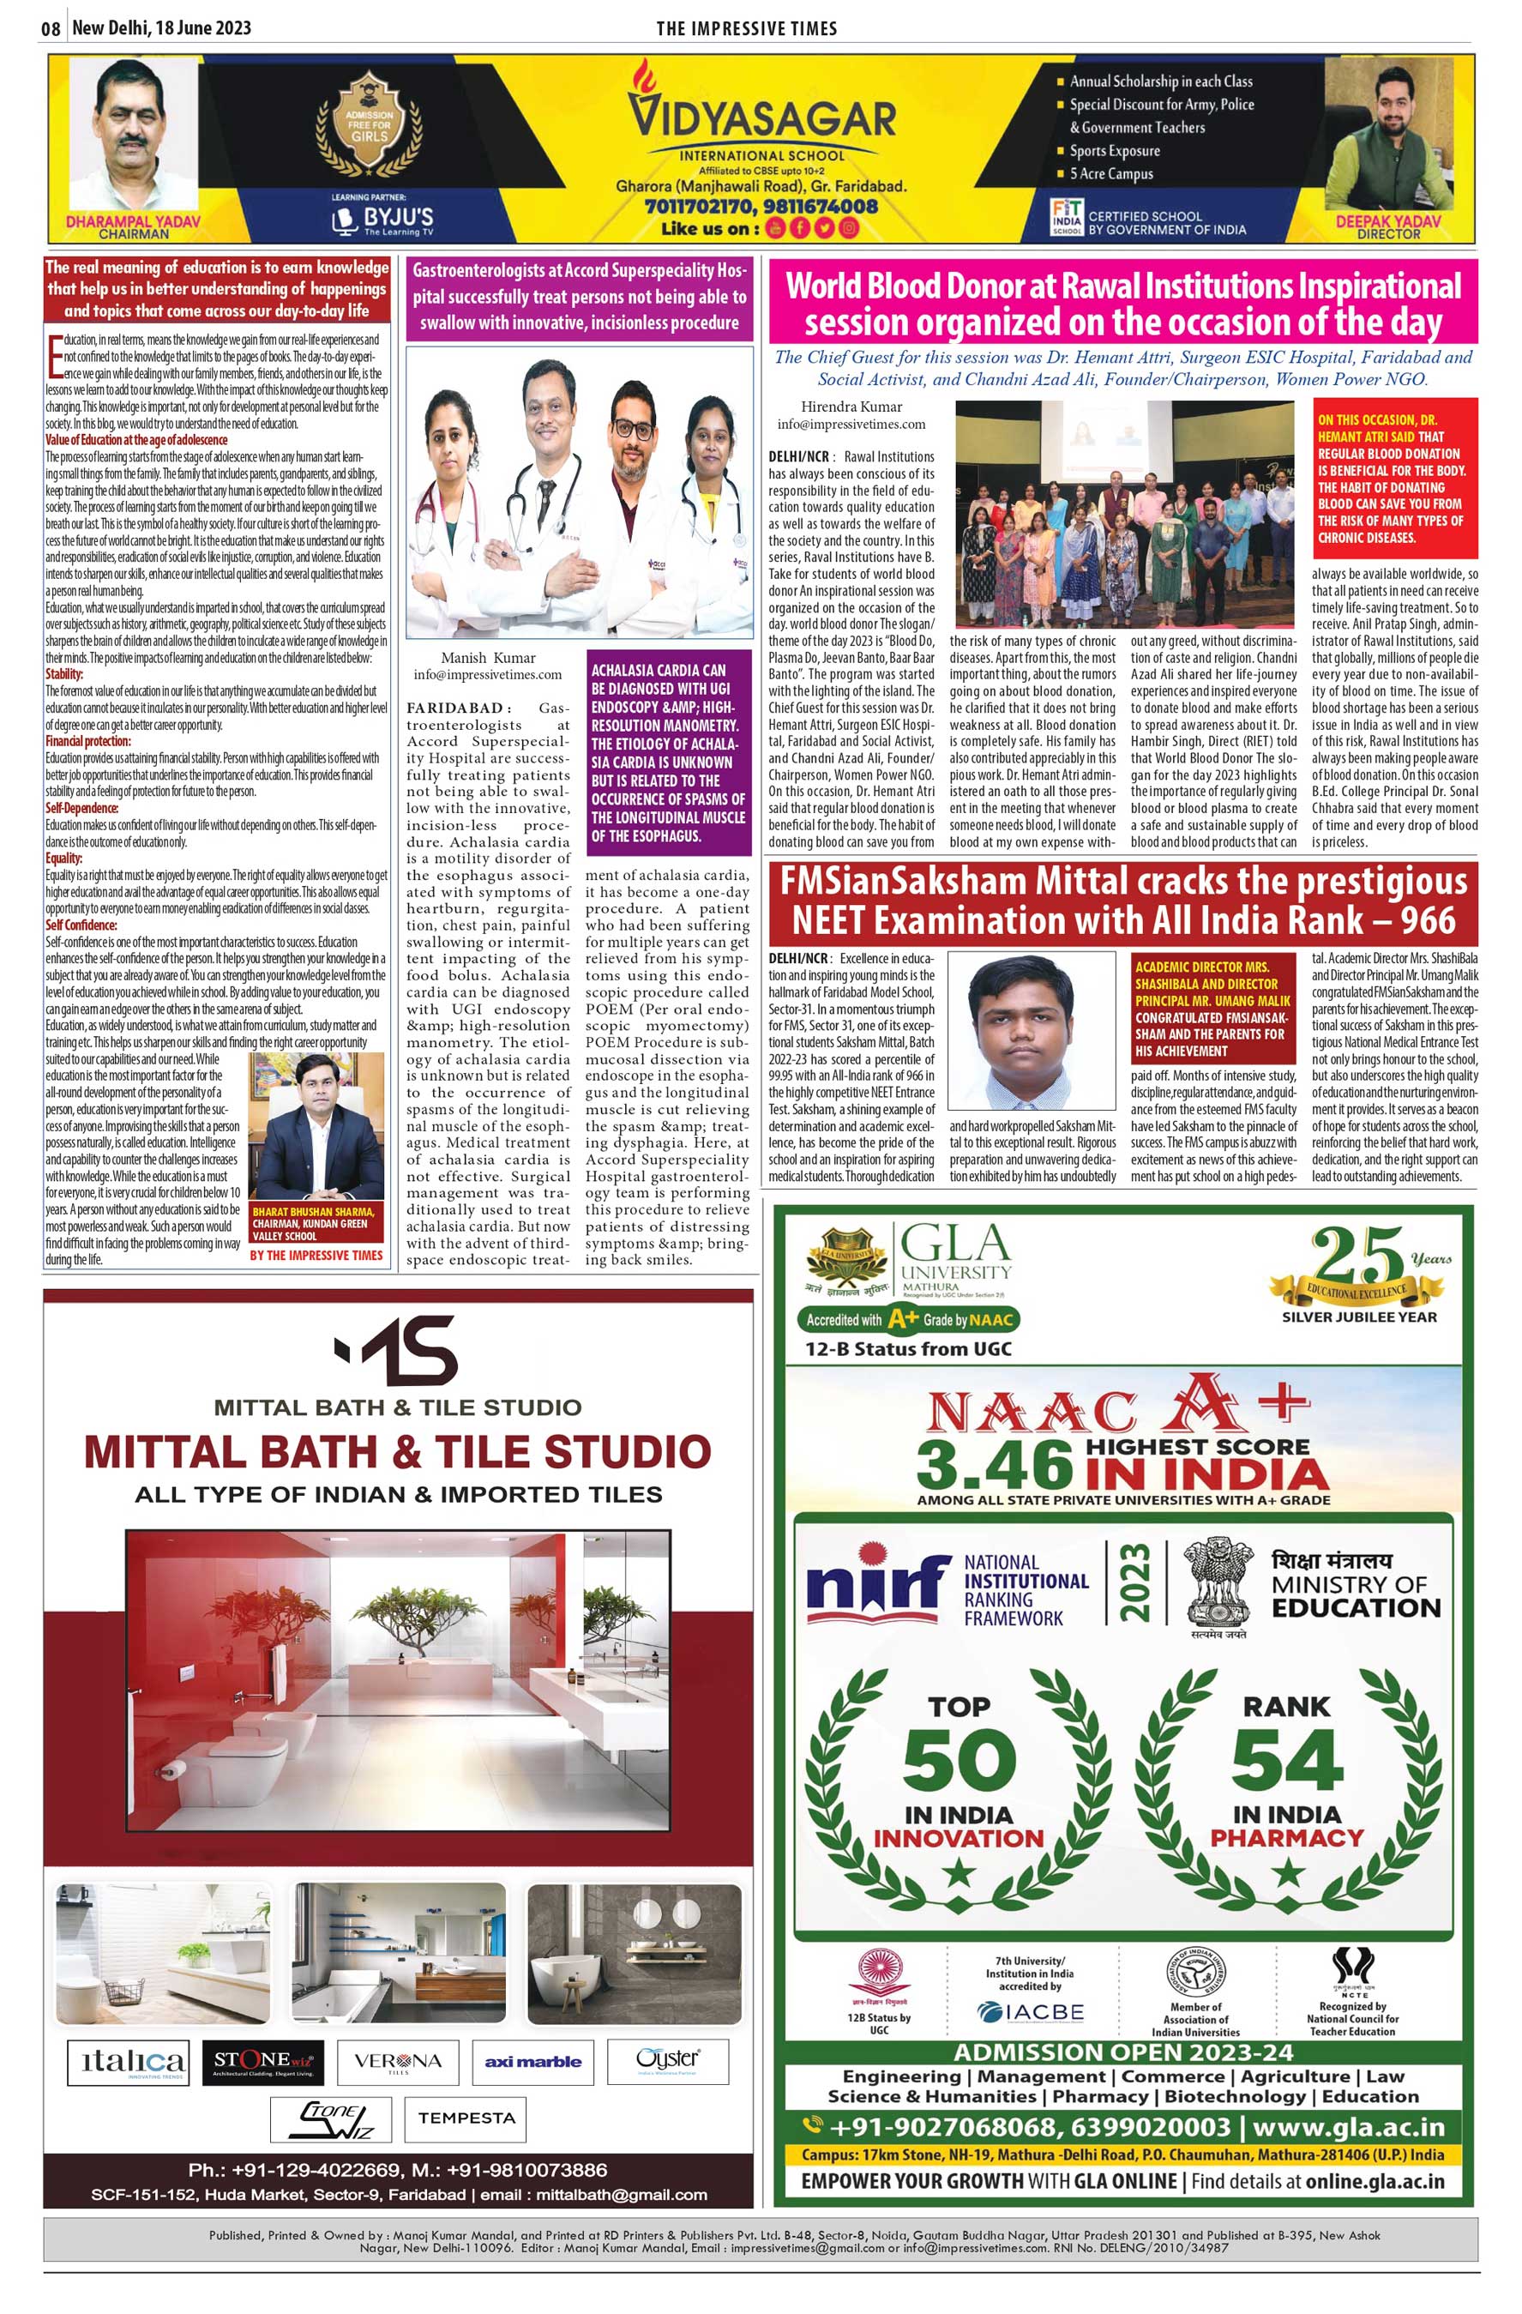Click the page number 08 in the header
click(x=51, y=28)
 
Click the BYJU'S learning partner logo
click(x=383, y=219)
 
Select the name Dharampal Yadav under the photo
click(x=133, y=220)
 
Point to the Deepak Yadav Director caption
click(x=1388, y=226)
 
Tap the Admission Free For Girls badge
click(x=370, y=125)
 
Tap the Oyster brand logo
click(x=667, y=2060)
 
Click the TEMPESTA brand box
click(x=466, y=2118)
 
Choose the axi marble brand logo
click(x=532, y=2061)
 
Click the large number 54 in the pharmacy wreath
click(x=1287, y=1761)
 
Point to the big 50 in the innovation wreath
click(x=960, y=1761)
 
